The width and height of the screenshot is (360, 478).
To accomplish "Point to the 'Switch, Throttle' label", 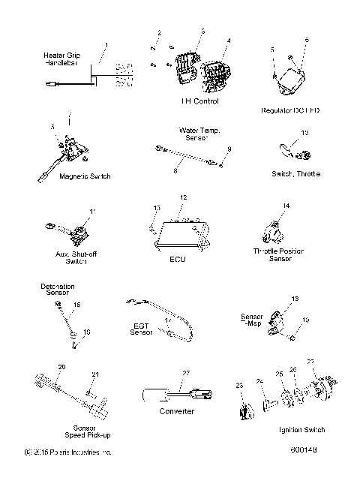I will point(295,173).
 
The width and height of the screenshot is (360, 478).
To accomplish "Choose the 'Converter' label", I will point(178,411).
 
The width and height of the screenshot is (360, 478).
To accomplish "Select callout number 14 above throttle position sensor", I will point(286,205).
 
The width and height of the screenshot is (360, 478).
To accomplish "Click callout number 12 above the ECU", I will point(181,197).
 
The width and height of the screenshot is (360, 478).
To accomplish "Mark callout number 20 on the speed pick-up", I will point(61,367).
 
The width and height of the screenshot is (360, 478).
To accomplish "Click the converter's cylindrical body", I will point(157,395).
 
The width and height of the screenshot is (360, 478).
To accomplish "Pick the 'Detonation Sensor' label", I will point(58,290).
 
